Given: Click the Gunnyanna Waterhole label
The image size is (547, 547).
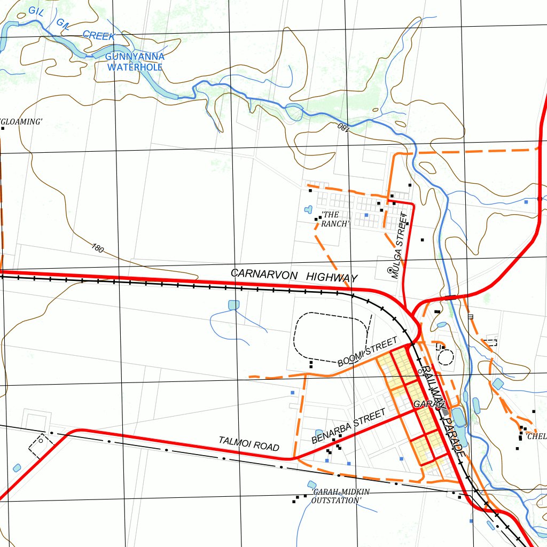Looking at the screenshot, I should (135, 62).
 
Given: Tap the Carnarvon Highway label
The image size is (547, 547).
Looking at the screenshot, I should (294, 275).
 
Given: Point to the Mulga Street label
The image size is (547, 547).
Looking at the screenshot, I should (398, 246).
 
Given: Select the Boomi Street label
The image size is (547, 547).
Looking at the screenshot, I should (368, 352).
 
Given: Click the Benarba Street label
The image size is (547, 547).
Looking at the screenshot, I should (348, 426).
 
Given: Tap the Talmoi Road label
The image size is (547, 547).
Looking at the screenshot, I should (249, 443).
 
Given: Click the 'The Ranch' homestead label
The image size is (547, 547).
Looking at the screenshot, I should (334, 219).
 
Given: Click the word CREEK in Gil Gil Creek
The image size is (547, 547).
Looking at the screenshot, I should (99, 36).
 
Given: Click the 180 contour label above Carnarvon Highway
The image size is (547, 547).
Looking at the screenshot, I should (97, 248).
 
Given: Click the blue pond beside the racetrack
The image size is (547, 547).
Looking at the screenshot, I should (233, 305).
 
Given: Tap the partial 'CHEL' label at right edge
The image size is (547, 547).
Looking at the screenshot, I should (536, 436).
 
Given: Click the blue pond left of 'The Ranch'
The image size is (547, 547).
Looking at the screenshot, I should (308, 209).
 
